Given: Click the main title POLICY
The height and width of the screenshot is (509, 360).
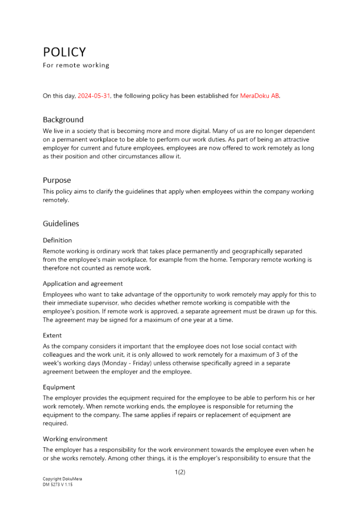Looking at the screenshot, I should click(x=64, y=52).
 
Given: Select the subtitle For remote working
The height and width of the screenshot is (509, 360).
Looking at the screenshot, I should click(x=76, y=65).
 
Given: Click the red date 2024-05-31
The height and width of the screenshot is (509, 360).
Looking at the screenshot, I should click(x=94, y=96).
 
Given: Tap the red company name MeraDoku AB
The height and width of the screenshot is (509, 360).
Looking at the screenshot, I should click(x=260, y=96).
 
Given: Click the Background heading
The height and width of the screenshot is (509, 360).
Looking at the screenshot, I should click(x=63, y=120).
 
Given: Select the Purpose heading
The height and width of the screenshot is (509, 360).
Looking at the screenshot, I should click(x=57, y=180).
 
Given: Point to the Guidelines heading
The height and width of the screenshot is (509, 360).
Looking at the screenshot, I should click(x=61, y=223).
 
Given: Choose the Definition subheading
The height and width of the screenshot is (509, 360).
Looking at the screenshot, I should click(x=57, y=240).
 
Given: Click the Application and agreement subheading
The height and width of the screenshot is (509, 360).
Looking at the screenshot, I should click(x=82, y=284).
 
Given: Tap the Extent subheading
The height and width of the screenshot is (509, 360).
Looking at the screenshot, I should click(x=52, y=335).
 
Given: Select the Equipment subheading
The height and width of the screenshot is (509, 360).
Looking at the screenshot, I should click(x=59, y=387).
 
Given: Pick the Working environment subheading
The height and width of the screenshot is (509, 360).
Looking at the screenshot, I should click(x=75, y=439).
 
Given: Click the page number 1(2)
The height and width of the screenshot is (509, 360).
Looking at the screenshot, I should click(x=180, y=472).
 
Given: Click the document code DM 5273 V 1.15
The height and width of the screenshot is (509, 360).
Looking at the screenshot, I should click(x=58, y=485).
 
